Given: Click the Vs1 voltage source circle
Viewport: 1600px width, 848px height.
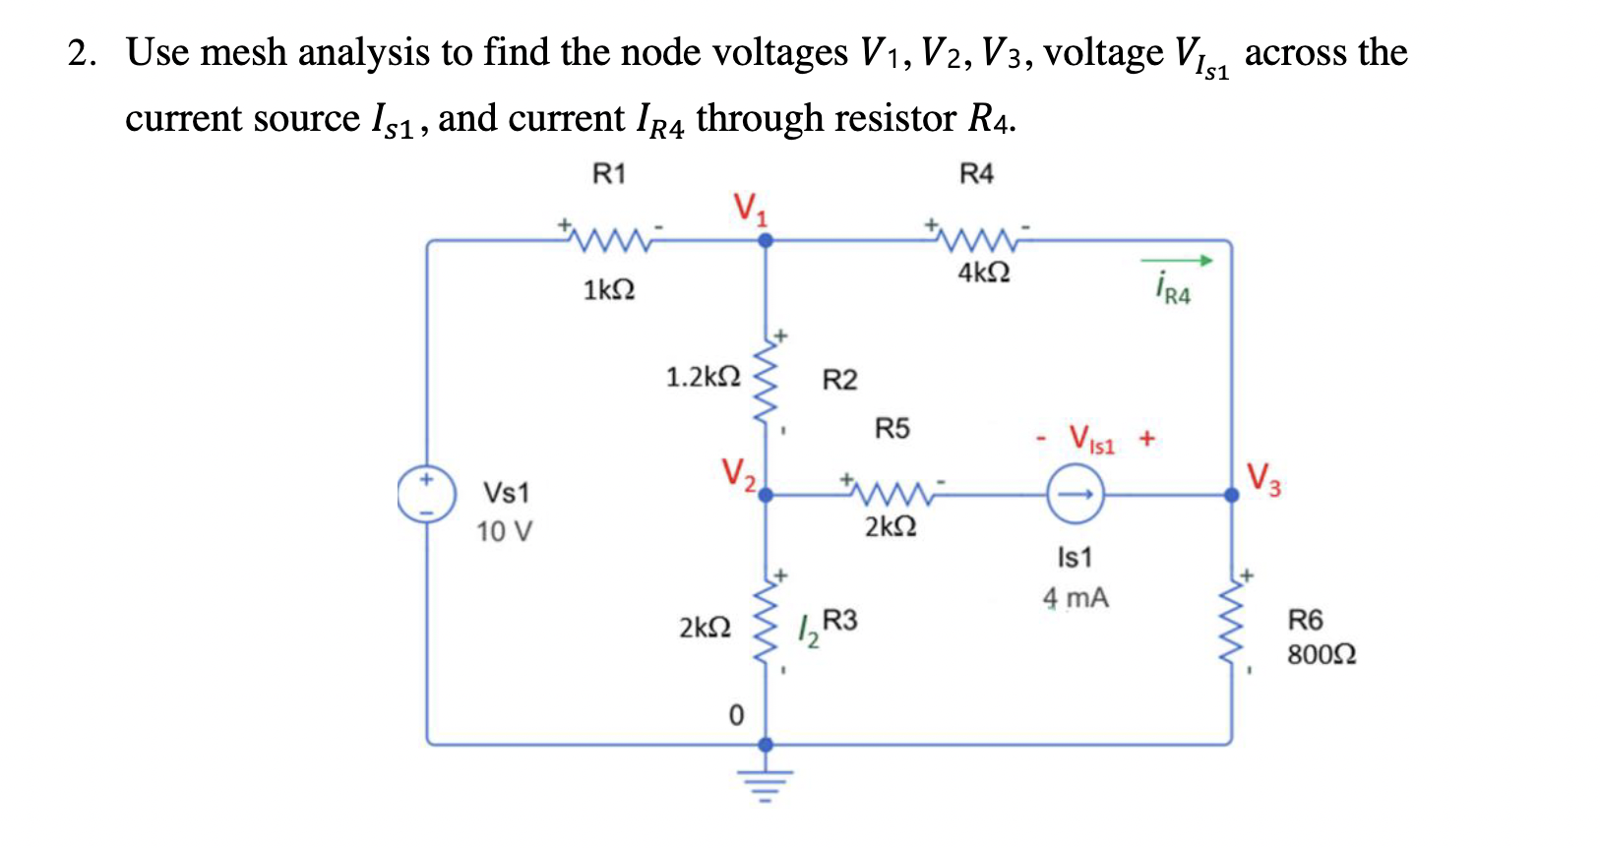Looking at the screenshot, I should point(426,495).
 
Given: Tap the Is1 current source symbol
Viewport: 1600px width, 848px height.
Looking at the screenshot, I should point(1075,495).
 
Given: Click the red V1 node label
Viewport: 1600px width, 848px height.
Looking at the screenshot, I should point(750,209).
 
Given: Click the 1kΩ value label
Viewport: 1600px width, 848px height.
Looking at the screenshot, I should point(608,290).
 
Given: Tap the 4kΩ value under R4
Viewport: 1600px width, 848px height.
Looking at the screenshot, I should point(983,273).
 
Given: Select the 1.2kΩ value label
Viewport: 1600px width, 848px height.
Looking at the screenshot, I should point(703,377).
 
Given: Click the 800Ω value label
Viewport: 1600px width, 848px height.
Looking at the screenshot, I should point(1322,654).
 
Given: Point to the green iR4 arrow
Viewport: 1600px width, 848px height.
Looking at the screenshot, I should point(1177,261).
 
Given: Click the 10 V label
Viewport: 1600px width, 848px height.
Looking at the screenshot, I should point(504,532).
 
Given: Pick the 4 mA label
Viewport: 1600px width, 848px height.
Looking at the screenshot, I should point(1076,598).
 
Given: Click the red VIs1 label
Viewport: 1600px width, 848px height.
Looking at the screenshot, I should point(1091,439).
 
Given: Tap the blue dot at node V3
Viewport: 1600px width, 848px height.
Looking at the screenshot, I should point(1232,495).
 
